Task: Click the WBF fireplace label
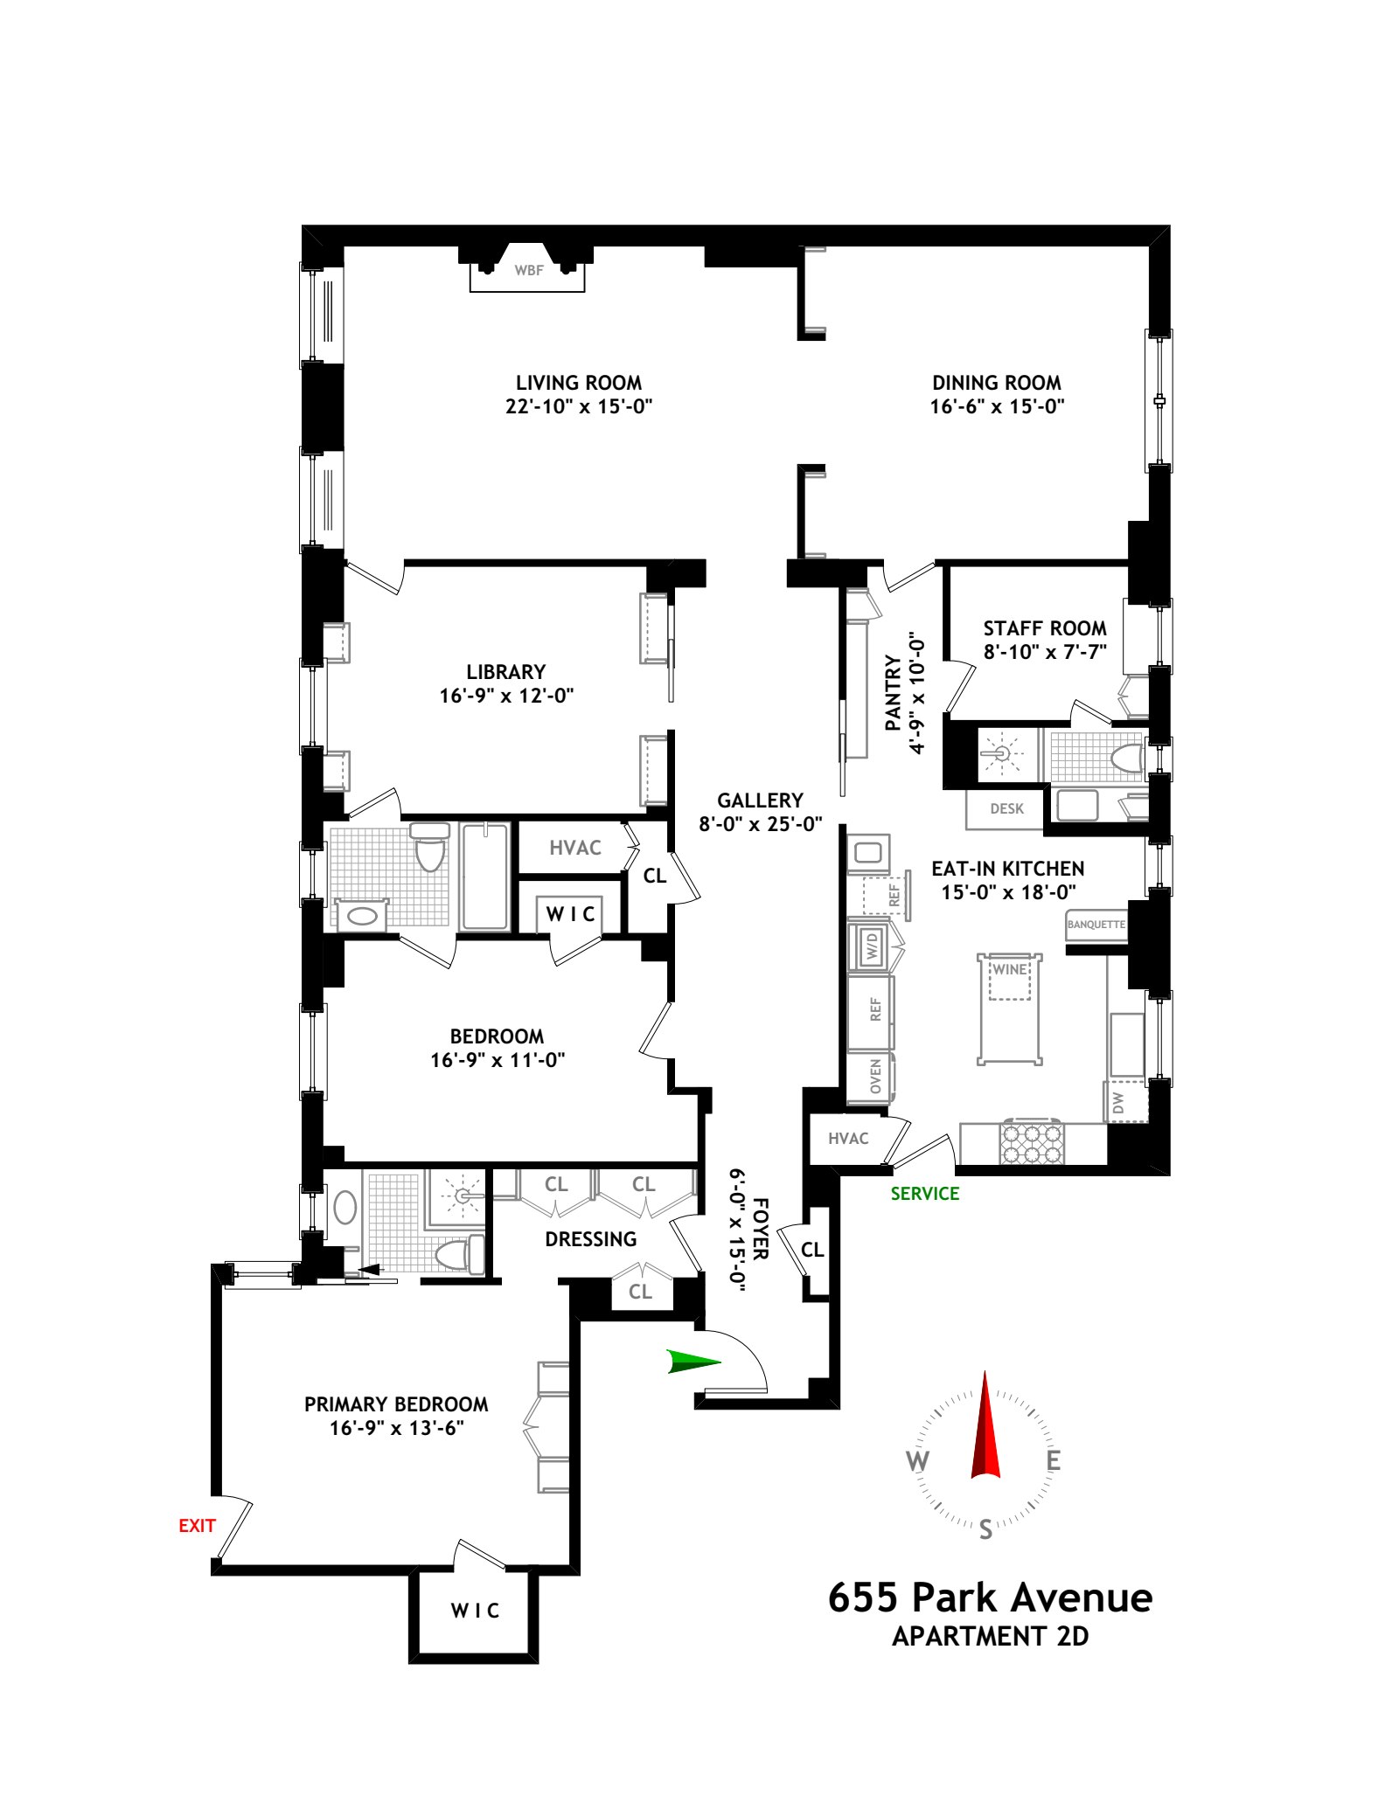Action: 529,271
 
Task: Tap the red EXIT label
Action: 197,1526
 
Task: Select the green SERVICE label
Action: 925,1194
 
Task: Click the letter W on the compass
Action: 917,1461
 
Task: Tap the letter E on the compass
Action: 1054,1461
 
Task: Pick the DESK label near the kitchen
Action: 1006,809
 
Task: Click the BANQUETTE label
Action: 1096,924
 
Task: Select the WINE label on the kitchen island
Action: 1010,969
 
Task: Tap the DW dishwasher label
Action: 1117,1105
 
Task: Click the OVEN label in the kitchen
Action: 875,1077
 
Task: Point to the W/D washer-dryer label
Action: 872,946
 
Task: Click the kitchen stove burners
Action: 1032,1142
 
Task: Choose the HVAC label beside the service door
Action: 848,1138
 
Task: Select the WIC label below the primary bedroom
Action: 475,1610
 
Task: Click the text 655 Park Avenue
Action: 990,1598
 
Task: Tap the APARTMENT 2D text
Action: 990,1636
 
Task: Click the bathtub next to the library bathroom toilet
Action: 484,876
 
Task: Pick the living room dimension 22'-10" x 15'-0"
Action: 579,406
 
